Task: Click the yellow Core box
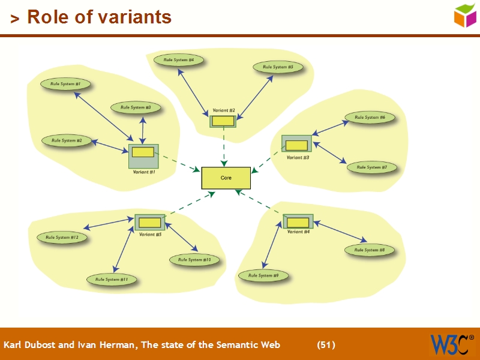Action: pyautogui.click(x=226, y=178)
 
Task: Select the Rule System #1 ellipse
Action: pyautogui.click(x=65, y=84)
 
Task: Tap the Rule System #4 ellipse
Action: pyautogui.click(x=178, y=60)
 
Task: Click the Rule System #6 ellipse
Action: pyautogui.click(x=370, y=118)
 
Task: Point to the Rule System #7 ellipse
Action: pyautogui.click(x=371, y=167)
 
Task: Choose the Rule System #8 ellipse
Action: pyautogui.click(x=370, y=250)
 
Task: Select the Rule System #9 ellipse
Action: pyautogui.click(x=263, y=275)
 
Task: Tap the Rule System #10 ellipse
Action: pyautogui.click(x=194, y=260)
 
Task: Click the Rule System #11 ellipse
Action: pyautogui.click(x=112, y=280)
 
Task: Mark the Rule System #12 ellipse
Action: pyautogui.click(x=62, y=238)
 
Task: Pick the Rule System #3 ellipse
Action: pyautogui.click(x=136, y=107)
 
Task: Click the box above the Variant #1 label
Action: pyautogui.click(x=143, y=155)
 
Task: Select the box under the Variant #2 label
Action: pyautogui.click(x=223, y=121)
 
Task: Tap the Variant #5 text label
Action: pyautogui.click(x=150, y=235)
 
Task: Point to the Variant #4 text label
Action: pyautogui.click(x=298, y=232)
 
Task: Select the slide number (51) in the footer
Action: pyautogui.click(x=326, y=344)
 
